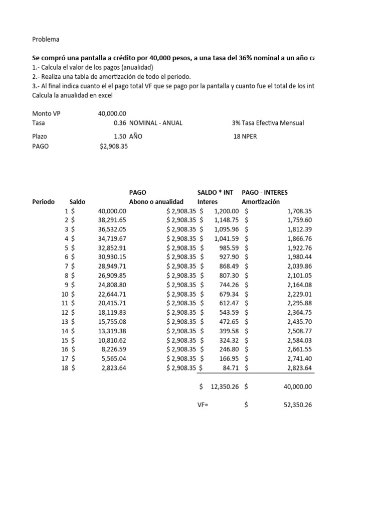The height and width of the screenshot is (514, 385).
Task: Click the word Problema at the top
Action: tap(46, 39)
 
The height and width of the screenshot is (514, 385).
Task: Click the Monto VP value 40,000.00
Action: tap(112, 114)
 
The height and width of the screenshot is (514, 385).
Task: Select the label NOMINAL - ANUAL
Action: tap(156, 123)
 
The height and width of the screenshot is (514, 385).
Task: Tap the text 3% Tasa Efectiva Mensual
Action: tap(268, 123)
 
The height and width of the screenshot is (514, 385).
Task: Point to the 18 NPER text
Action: tap(245, 137)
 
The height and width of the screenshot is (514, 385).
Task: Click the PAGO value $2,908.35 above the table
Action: tap(114, 146)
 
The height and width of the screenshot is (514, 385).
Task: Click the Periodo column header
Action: tap(44, 202)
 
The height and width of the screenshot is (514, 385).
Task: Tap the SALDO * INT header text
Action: tap(215, 192)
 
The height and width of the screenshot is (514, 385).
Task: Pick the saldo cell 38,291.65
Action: tap(112, 220)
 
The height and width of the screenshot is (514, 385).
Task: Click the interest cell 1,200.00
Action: tap(225, 211)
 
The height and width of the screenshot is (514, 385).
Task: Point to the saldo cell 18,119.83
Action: tap(112, 312)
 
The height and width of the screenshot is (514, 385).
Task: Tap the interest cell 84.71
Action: tap(230, 368)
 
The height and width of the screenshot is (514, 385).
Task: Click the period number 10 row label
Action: tap(65, 294)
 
